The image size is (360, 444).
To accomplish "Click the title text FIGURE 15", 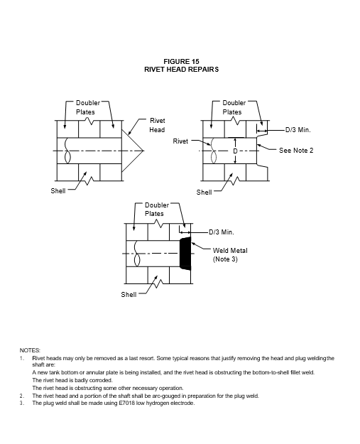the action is (181, 61).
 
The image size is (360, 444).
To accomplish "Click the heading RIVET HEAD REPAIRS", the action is (181, 70).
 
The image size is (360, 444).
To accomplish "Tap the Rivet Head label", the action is (157, 125).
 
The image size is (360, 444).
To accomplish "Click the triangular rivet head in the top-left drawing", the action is (133, 151).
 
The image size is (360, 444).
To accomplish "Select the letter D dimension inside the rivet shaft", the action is (235, 151).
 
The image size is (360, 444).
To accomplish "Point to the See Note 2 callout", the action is (296, 151).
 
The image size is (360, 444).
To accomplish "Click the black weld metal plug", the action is (185, 254).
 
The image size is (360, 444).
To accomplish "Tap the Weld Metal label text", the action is (230, 251).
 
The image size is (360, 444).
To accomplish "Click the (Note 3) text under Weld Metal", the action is (225, 259).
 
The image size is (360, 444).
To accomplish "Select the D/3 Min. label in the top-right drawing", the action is (298, 130).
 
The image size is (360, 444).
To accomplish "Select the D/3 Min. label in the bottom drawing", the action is (222, 232).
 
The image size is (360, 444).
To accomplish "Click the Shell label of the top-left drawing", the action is (58, 191).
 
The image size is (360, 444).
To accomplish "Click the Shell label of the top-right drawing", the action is (204, 193).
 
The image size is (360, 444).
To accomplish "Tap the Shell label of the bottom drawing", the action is (129, 295).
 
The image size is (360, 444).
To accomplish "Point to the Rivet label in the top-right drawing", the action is (180, 141).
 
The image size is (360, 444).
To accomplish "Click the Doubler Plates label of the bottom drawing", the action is (157, 210).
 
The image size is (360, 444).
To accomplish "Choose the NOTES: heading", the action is (30, 350).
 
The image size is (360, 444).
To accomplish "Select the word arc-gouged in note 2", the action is (159, 396).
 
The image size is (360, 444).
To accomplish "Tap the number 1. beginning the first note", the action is (22, 358).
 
